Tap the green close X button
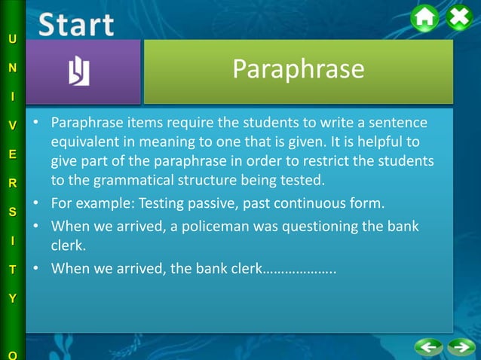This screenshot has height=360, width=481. pos(459,17)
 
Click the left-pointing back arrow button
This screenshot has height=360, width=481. pos(428,347)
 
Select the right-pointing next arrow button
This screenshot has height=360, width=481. pos(460,347)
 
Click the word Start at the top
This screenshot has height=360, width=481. pos(76,24)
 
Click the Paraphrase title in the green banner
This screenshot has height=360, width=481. pos(298,69)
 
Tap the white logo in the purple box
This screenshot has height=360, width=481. pos(79,72)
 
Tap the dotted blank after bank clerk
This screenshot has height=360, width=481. pos(298,269)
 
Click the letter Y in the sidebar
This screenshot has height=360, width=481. pos(12,298)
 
